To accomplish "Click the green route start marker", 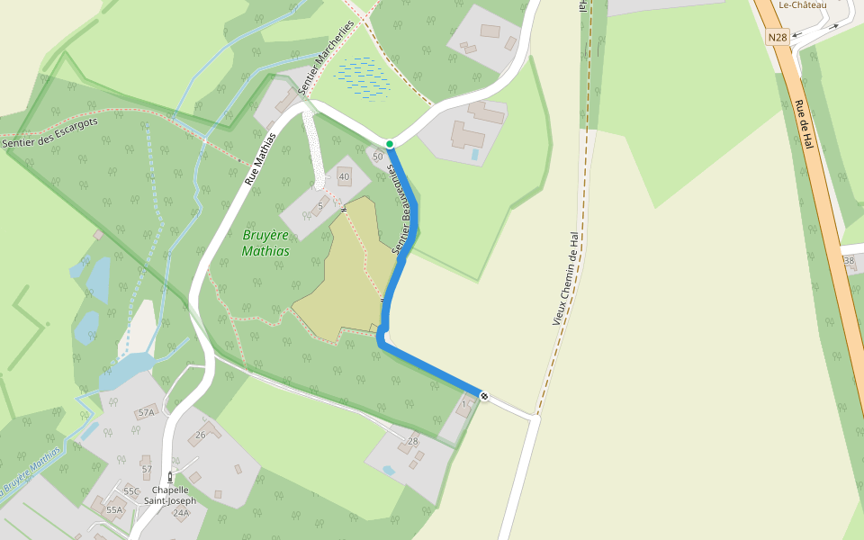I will (389, 144).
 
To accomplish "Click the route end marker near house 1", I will (484, 396).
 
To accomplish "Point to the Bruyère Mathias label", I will (265, 243).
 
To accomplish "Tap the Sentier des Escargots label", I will (49, 130).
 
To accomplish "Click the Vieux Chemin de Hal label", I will (565, 278).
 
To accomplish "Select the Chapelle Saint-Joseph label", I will (170, 496).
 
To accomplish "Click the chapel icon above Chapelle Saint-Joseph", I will (170, 477).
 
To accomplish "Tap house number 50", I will (378, 157).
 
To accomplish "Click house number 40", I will (344, 176).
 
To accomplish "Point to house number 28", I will (413, 441).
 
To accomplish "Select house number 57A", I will (146, 412).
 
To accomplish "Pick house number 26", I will (201, 436).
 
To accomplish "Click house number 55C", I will (131, 491).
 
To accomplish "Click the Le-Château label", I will (803, 5).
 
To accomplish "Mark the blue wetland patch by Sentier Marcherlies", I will (363, 76).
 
